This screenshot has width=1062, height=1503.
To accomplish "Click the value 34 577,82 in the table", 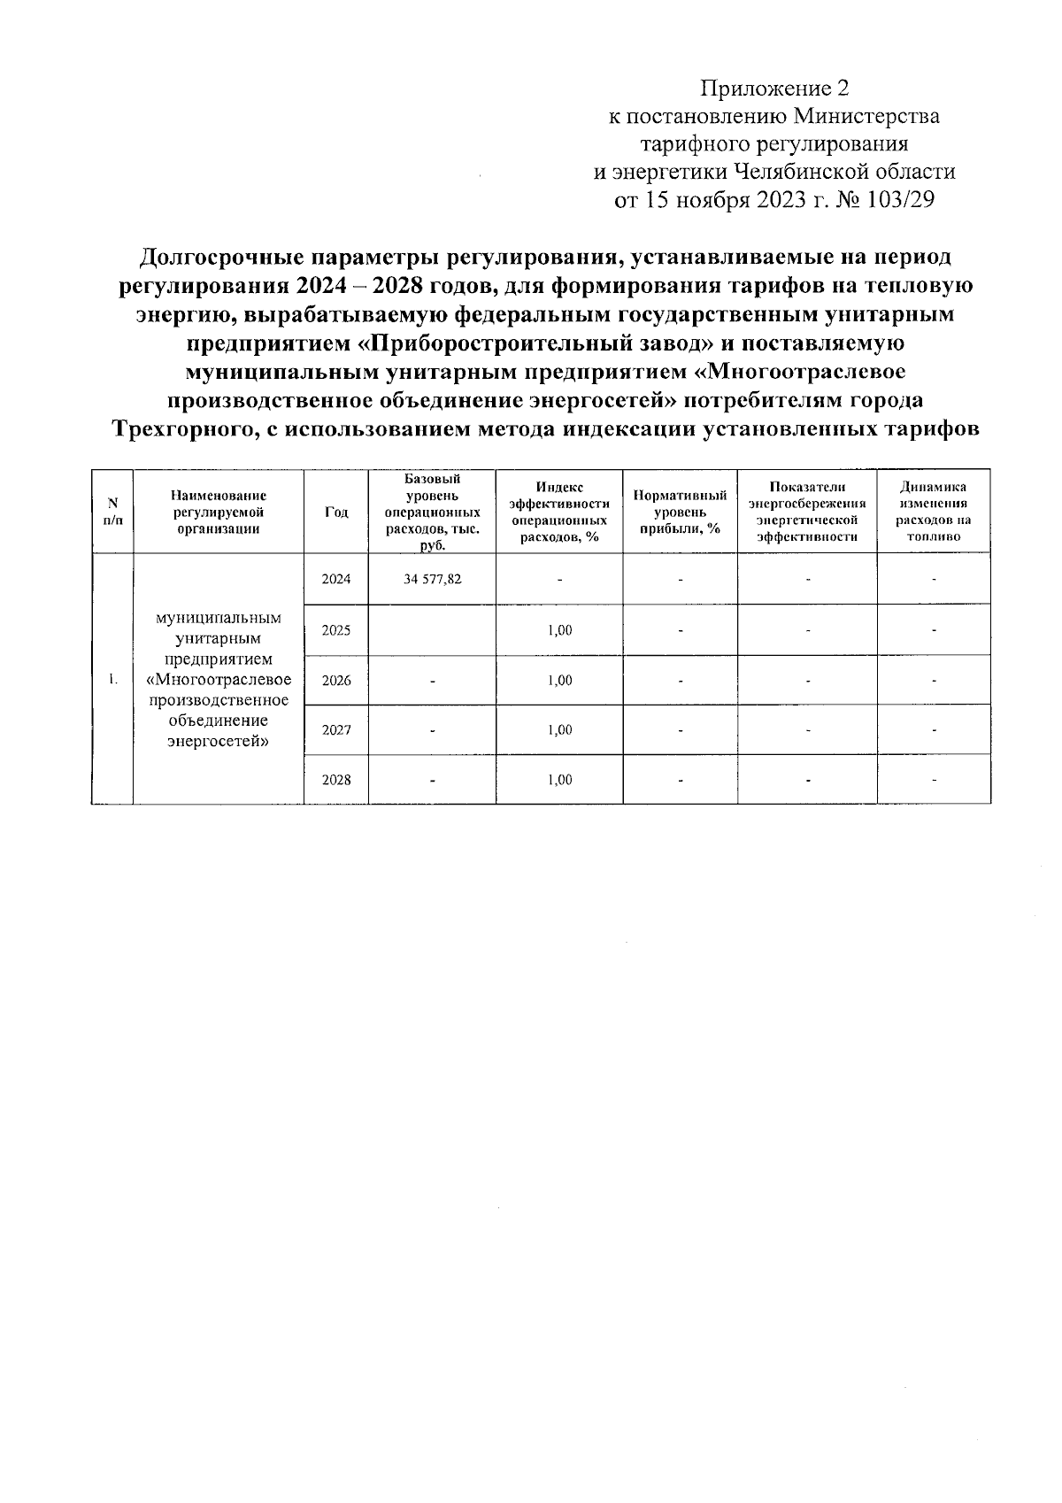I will point(432,580).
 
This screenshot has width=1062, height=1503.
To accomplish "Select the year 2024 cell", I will point(335,580).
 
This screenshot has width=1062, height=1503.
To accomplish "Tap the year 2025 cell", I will point(335,630).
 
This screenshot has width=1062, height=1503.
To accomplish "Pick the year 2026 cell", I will point(335,681).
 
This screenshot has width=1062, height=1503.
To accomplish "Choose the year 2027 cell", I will point(335,730).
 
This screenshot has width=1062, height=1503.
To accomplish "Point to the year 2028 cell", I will point(335,780).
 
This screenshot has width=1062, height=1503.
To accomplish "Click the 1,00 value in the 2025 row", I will point(559,630).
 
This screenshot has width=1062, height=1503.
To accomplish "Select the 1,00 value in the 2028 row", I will point(559,780).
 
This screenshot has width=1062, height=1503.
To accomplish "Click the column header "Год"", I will point(335,513).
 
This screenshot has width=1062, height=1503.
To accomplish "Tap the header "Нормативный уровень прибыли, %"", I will point(680,513).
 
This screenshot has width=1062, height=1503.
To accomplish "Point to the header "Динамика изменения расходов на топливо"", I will point(933,513).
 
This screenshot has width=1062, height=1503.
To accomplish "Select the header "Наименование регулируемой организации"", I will point(218,513).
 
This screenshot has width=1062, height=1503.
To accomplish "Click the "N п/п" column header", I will point(112,513).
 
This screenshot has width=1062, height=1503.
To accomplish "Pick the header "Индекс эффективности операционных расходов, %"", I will point(559,513).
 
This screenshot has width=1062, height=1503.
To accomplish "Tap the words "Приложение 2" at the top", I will point(774,89).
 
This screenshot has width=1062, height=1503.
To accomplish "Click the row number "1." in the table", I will point(112,680).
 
